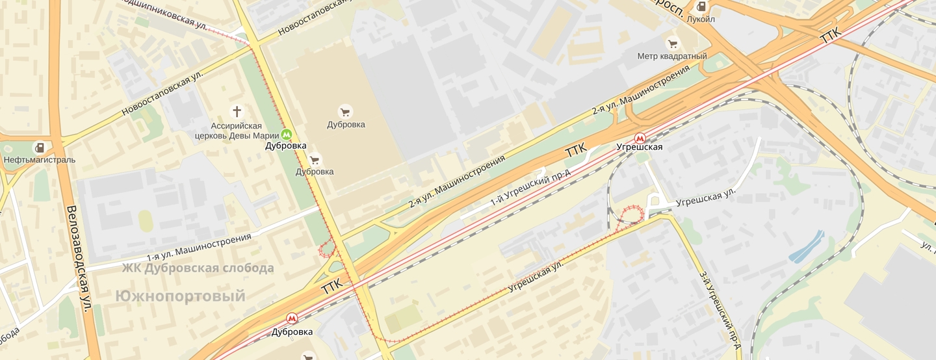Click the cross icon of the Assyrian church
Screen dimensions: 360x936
[x=237, y=110]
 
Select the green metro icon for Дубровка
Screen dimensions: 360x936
[x=286, y=135]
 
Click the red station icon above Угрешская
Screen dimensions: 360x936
[x=640, y=138]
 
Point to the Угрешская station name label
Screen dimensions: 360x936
[x=640, y=148]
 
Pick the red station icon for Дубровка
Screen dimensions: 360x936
[x=292, y=318]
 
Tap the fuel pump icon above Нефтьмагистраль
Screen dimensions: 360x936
[x=40, y=148]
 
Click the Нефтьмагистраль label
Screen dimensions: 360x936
[x=40, y=160]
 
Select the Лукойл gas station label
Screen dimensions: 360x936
[x=701, y=19]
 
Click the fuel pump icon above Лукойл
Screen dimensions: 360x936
[x=701, y=7]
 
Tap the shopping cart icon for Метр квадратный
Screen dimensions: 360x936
[x=672, y=44]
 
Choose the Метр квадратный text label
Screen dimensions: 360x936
[x=672, y=57]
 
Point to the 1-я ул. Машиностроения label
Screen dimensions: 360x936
[x=198, y=248]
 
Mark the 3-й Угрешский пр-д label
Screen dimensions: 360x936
[x=720, y=309]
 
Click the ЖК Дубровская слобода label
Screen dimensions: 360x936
[x=198, y=268]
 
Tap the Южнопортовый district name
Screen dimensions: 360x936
[x=181, y=296]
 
